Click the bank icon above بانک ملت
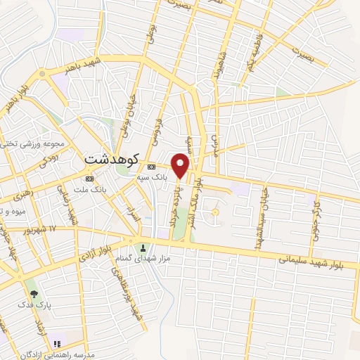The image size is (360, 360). tap(89, 178)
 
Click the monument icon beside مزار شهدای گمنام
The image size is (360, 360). tap(143, 248)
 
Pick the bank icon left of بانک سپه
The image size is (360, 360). tap(151, 166)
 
